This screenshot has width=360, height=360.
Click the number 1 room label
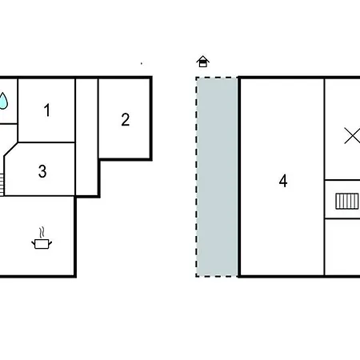tap(47, 110)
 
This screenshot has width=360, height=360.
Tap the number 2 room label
tap(126, 119)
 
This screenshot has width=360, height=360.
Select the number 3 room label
tap(42, 171)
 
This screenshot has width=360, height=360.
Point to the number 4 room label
tap(283, 181)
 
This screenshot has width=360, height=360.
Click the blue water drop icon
tap(3, 101)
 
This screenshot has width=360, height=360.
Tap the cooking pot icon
tap(42, 244)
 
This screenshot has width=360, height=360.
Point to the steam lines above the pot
tap(42, 233)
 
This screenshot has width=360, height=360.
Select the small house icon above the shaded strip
tap(203, 62)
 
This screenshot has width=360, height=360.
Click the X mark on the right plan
tap(352, 136)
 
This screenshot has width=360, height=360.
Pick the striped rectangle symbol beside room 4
tap(347, 202)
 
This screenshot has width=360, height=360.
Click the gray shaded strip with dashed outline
tap(217, 177)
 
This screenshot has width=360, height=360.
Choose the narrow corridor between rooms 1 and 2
tap(87, 137)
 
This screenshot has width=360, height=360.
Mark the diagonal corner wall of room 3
tap(11, 150)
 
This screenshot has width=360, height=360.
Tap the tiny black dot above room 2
tap(142, 63)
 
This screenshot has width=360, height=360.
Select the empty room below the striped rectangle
tap(342, 247)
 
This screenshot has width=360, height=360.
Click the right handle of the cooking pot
tap(50, 243)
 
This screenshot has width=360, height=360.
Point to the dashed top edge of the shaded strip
tap(217, 78)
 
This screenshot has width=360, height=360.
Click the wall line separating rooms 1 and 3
tap(46, 142)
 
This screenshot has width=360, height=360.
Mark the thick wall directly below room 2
tap(126, 159)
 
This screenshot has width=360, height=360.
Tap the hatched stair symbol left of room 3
tap(2, 185)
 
